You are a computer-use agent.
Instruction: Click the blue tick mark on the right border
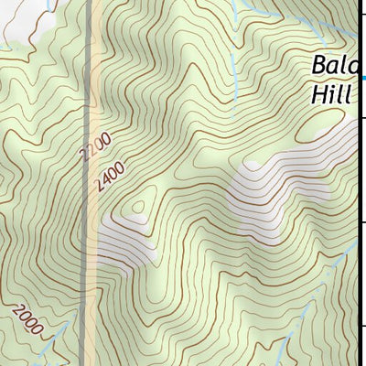click(363, 79)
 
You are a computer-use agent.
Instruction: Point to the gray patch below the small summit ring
click(128, 242)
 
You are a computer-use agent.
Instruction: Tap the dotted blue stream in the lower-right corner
click(284, 348)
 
